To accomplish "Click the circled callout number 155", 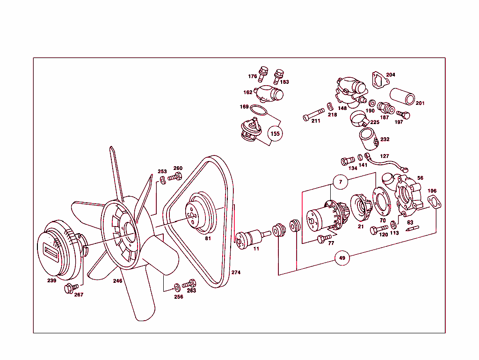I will point(275,133).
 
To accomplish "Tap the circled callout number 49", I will point(342,258).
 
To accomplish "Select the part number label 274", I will point(236,272).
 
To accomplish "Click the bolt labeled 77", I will point(322,239).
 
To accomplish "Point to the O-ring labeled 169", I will point(258,111).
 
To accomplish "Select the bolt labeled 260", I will point(175,177).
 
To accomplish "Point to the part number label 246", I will point(118,281).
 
